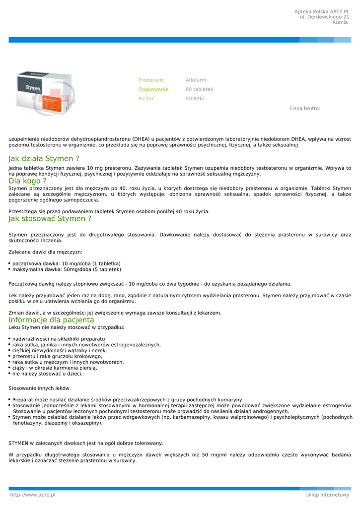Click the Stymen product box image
pos(45,93)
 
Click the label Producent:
pos(151,80)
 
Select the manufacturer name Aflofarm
pos(196,80)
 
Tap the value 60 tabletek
pos(199,89)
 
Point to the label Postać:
pos(147,99)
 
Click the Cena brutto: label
pos(305,108)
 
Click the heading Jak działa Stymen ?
pos(44,159)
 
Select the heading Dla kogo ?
pos(27,181)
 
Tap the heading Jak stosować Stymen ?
pos(50,219)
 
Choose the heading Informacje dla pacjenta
pos(51,320)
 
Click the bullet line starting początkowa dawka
pos(67,263)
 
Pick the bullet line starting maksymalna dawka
pos(67,269)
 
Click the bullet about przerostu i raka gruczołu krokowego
pos(57,356)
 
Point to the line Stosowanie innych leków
pos(39,388)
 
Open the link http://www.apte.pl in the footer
pos(33,495)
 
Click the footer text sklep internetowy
pos(327,495)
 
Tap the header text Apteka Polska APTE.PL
pos(321,11)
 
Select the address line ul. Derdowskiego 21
pos(324,17)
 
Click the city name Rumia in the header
pos(340,22)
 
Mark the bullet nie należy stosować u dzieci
pos(48,374)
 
